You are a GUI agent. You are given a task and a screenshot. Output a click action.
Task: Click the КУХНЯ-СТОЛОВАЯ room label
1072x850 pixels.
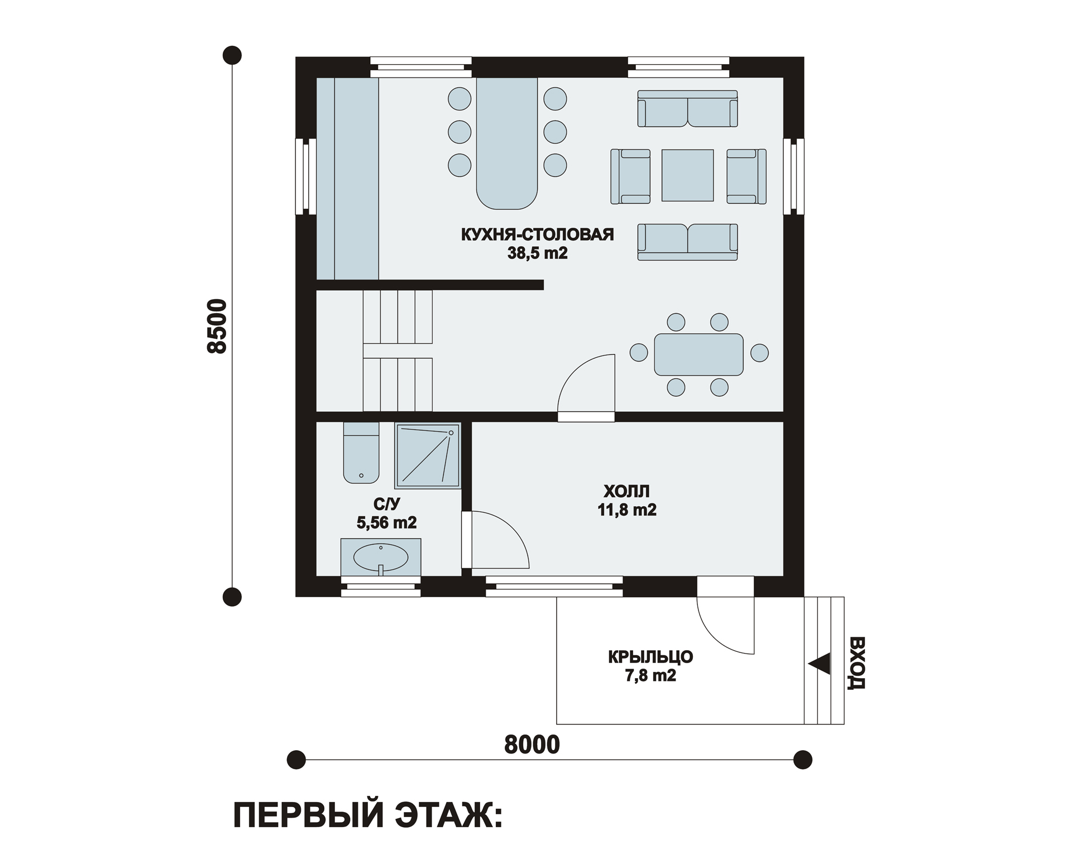tap(537, 234)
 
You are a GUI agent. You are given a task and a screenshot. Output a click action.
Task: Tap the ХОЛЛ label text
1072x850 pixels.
tap(626, 492)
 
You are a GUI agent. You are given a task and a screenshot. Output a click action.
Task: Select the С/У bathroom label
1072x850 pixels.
tap(386, 505)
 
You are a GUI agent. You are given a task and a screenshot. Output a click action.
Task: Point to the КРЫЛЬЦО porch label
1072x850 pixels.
tap(650, 657)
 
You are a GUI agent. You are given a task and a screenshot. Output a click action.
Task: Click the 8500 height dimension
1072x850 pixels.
tap(217, 326)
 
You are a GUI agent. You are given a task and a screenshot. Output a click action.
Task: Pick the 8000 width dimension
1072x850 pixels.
tap(532, 745)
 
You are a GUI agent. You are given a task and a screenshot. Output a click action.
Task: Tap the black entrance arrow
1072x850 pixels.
tap(819, 664)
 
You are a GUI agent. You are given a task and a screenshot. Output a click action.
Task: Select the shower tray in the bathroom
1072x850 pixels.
tap(428, 455)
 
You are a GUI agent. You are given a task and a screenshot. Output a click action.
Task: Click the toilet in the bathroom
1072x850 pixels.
tap(361, 453)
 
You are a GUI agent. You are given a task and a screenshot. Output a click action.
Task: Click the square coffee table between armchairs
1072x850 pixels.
tap(687, 175)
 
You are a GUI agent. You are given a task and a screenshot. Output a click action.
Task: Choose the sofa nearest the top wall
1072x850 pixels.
tap(687, 109)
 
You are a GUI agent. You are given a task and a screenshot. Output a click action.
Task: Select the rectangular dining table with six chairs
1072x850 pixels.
tap(698, 354)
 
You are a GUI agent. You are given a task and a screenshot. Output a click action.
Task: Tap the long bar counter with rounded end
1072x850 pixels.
tap(507, 143)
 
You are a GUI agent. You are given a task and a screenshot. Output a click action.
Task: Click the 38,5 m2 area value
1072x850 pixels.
tap(537, 253)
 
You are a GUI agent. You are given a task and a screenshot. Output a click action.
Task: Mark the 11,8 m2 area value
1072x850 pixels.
tap(627, 510)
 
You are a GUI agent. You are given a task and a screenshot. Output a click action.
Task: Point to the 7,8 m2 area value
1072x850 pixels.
tap(650, 676)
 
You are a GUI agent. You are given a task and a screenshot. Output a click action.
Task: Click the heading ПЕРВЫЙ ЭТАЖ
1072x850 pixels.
tap(368, 816)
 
